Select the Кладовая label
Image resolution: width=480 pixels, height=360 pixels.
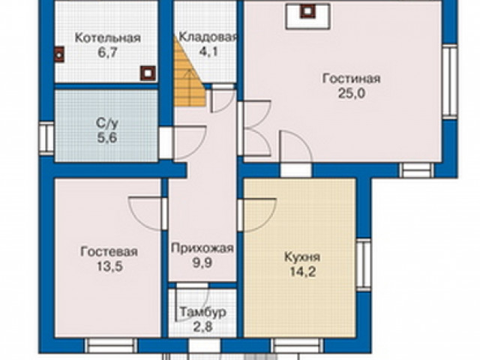(208, 38)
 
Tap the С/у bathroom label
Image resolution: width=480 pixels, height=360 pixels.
(106, 122)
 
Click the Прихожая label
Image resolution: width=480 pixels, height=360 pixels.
(202, 248)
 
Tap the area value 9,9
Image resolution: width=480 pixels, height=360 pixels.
(202, 262)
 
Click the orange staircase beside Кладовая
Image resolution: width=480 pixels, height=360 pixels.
(189, 75)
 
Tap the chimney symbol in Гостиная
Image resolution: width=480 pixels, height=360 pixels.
(306, 11)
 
